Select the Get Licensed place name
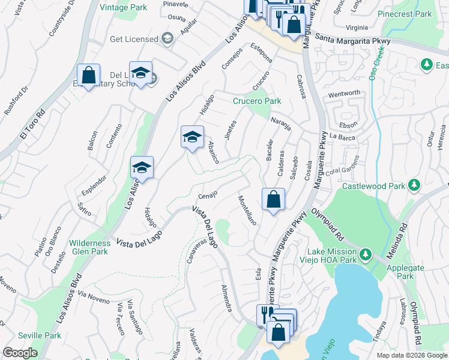click(x=133, y=39)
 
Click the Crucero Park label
click(x=257, y=101)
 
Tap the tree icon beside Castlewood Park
click(x=413, y=187)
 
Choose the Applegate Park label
click(x=400, y=272)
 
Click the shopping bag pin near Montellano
click(x=273, y=200)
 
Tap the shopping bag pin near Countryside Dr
click(x=89, y=76)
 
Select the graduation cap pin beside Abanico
click(x=193, y=137)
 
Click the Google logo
click(x=20, y=353)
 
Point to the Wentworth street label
click(x=343, y=94)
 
